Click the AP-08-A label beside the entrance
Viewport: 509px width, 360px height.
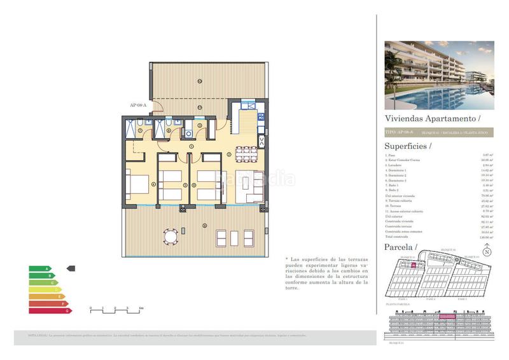coord(137,105)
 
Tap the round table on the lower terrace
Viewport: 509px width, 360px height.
coord(169,237)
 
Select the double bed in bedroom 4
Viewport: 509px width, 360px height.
coord(137,185)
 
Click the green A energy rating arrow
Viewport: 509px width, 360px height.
coord(39,268)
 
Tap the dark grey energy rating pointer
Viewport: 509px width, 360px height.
coord(71,268)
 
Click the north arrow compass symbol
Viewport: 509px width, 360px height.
coord(487,252)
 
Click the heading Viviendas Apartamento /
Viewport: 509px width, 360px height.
coord(432,118)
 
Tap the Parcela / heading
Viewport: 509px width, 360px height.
coord(401,246)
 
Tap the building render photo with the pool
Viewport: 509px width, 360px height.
coord(439,76)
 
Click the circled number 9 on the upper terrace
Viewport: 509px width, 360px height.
coord(199,81)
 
